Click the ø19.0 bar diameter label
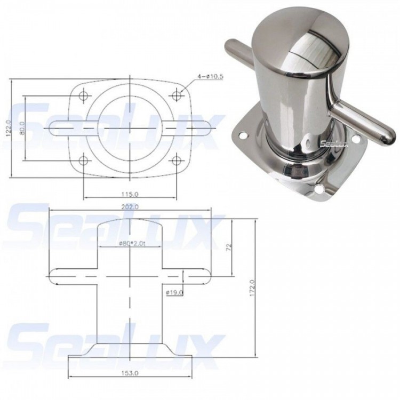point(174,292)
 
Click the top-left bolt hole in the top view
point(83,97)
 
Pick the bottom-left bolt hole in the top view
point(83,161)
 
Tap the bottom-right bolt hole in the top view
point(178,161)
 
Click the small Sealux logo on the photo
point(334,142)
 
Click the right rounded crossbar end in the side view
point(207,276)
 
